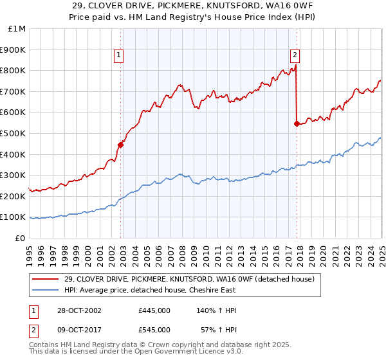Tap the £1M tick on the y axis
tap(17, 29)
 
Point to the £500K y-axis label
tap(14, 134)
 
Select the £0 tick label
tap(21, 238)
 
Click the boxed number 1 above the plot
tap(120, 56)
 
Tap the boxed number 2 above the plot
tap(295, 56)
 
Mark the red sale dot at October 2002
tap(121, 145)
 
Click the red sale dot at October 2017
tap(297, 124)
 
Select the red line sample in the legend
tap(46, 279)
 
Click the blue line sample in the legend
tap(46, 290)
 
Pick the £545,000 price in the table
tap(154, 330)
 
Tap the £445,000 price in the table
tap(154, 310)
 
